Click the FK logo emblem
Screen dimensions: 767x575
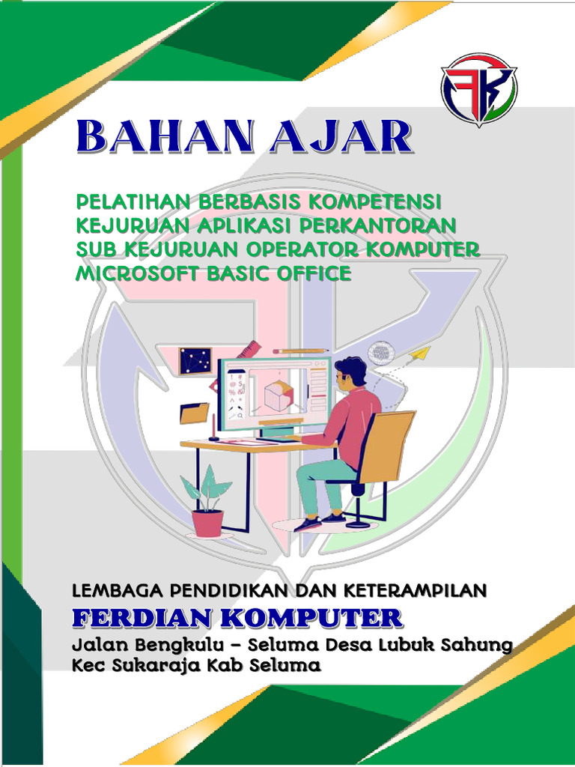pyautogui.click(x=478, y=90)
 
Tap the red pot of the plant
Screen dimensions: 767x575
pyautogui.click(x=207, y=522)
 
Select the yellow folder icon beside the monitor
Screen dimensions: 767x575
pyautogui.click(x=195, y=413)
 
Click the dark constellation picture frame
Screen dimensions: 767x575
pyautogui.click(x=195, y=361)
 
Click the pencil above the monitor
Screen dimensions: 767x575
pyautogui.click(x=300, y=350)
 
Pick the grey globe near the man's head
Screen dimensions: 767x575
pyautogui.click(x=382, y=352)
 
